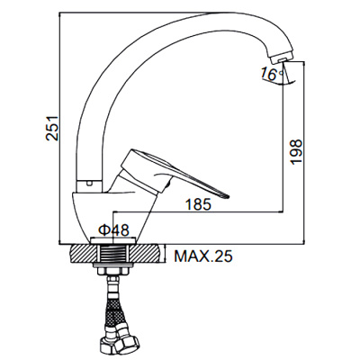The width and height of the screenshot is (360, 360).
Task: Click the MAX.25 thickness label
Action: click(202, 256)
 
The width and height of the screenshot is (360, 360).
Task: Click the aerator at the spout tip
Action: click(281, 62)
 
